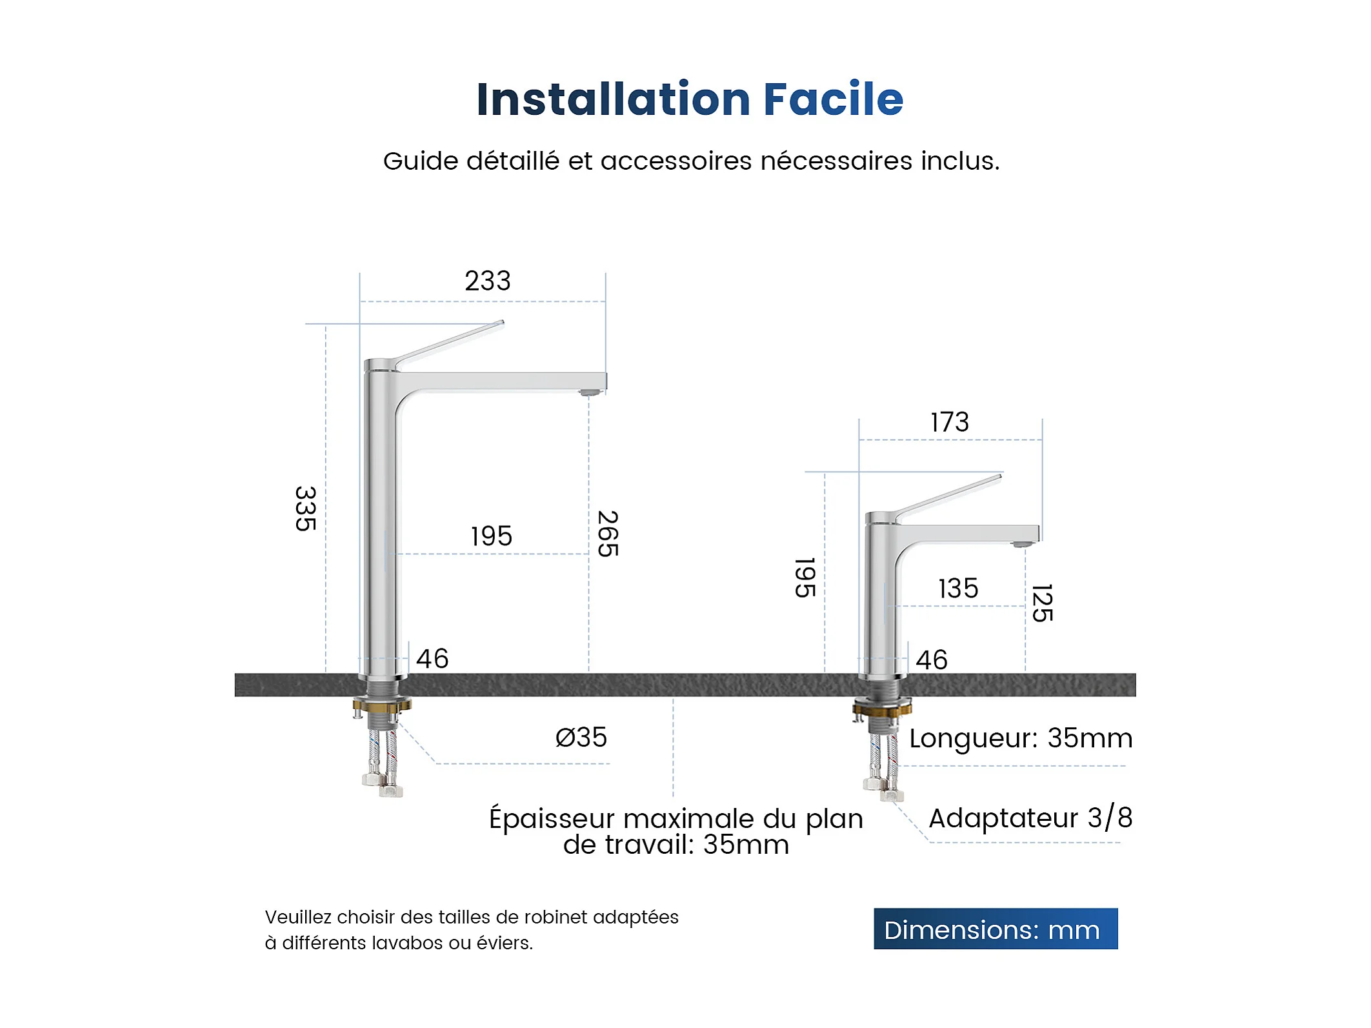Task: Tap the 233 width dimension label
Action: pos(488,281)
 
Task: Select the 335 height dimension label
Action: pos(306,509)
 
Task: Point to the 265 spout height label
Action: pos(608,534)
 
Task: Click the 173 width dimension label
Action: pos(950,422)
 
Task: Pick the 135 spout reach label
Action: pos(958,589)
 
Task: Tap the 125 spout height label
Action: pos(1043,603)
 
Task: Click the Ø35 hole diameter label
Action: pos(581,737)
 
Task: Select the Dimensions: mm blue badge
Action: pos(996,929)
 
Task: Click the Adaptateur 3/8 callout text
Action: pos(1030,818)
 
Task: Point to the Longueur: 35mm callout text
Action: pos(1021,738)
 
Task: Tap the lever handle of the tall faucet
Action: pos(450,345)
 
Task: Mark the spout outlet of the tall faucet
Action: pos(589,392)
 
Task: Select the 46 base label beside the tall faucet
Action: pos(432,659)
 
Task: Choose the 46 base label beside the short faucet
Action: pos(932,660)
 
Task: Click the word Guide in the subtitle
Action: pos(421,161)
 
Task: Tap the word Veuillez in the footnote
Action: pos(297,917)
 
